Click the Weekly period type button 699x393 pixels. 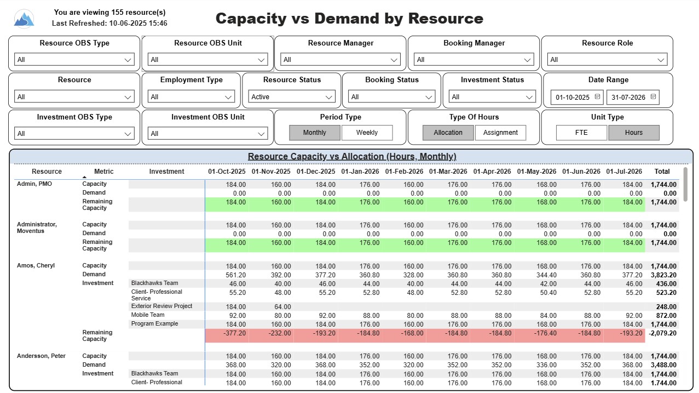367,133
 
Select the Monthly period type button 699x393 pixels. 315,133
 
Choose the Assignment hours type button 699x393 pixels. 500,133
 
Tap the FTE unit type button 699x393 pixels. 581,133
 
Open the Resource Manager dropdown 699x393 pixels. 340,60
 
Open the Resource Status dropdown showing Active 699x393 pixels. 292,97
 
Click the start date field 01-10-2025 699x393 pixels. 577,98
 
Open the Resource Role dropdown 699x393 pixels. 607,60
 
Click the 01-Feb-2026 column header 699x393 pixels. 404,172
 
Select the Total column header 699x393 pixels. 662,172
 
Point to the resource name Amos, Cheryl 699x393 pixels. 36,266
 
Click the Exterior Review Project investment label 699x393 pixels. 161,306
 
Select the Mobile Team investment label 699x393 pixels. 148,315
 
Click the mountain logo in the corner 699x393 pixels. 24,19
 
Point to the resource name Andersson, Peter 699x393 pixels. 41,356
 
